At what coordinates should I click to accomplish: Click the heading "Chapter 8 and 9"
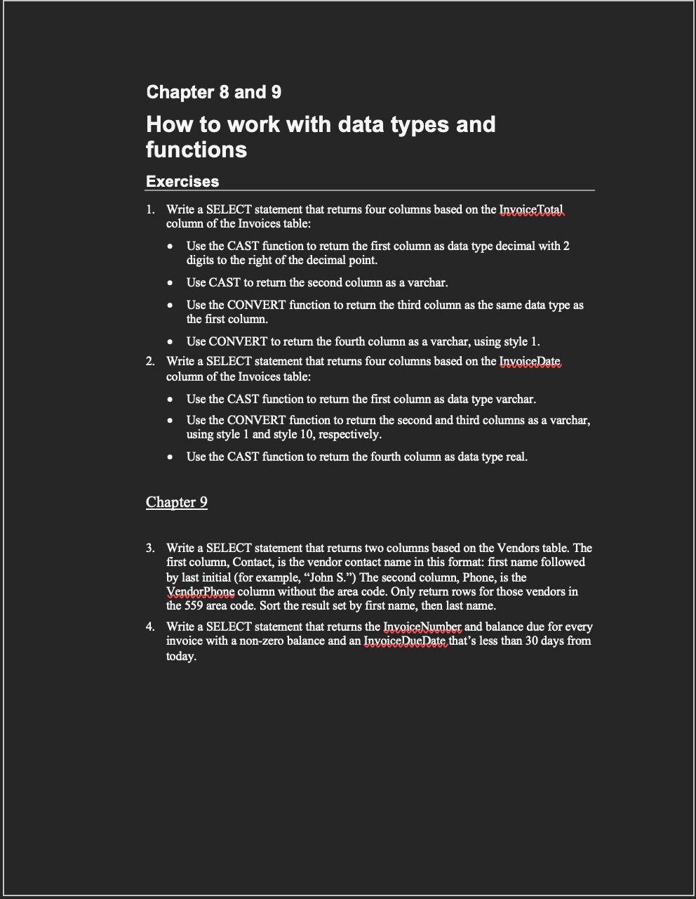click(213, 92)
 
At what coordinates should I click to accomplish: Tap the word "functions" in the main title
click(196, 150)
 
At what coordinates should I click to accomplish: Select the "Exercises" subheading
click(182, 181)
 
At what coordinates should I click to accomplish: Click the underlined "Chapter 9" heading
click(177, 501)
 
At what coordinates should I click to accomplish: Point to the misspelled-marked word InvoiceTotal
click(531, 209)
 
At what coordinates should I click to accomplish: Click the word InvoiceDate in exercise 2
click(530, 362)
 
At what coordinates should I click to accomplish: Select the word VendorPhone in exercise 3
click(201, 591)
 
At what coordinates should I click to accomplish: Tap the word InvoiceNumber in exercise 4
click(422, 626)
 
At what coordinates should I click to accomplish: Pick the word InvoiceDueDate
click(406, 641)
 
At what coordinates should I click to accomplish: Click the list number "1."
click(150, 209)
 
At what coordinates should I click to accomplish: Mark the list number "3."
click(150, 548)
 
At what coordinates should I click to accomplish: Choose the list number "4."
click(150, 626)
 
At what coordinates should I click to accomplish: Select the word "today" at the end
click(180, 656)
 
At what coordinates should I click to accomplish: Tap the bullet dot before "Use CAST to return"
click(170, 283)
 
